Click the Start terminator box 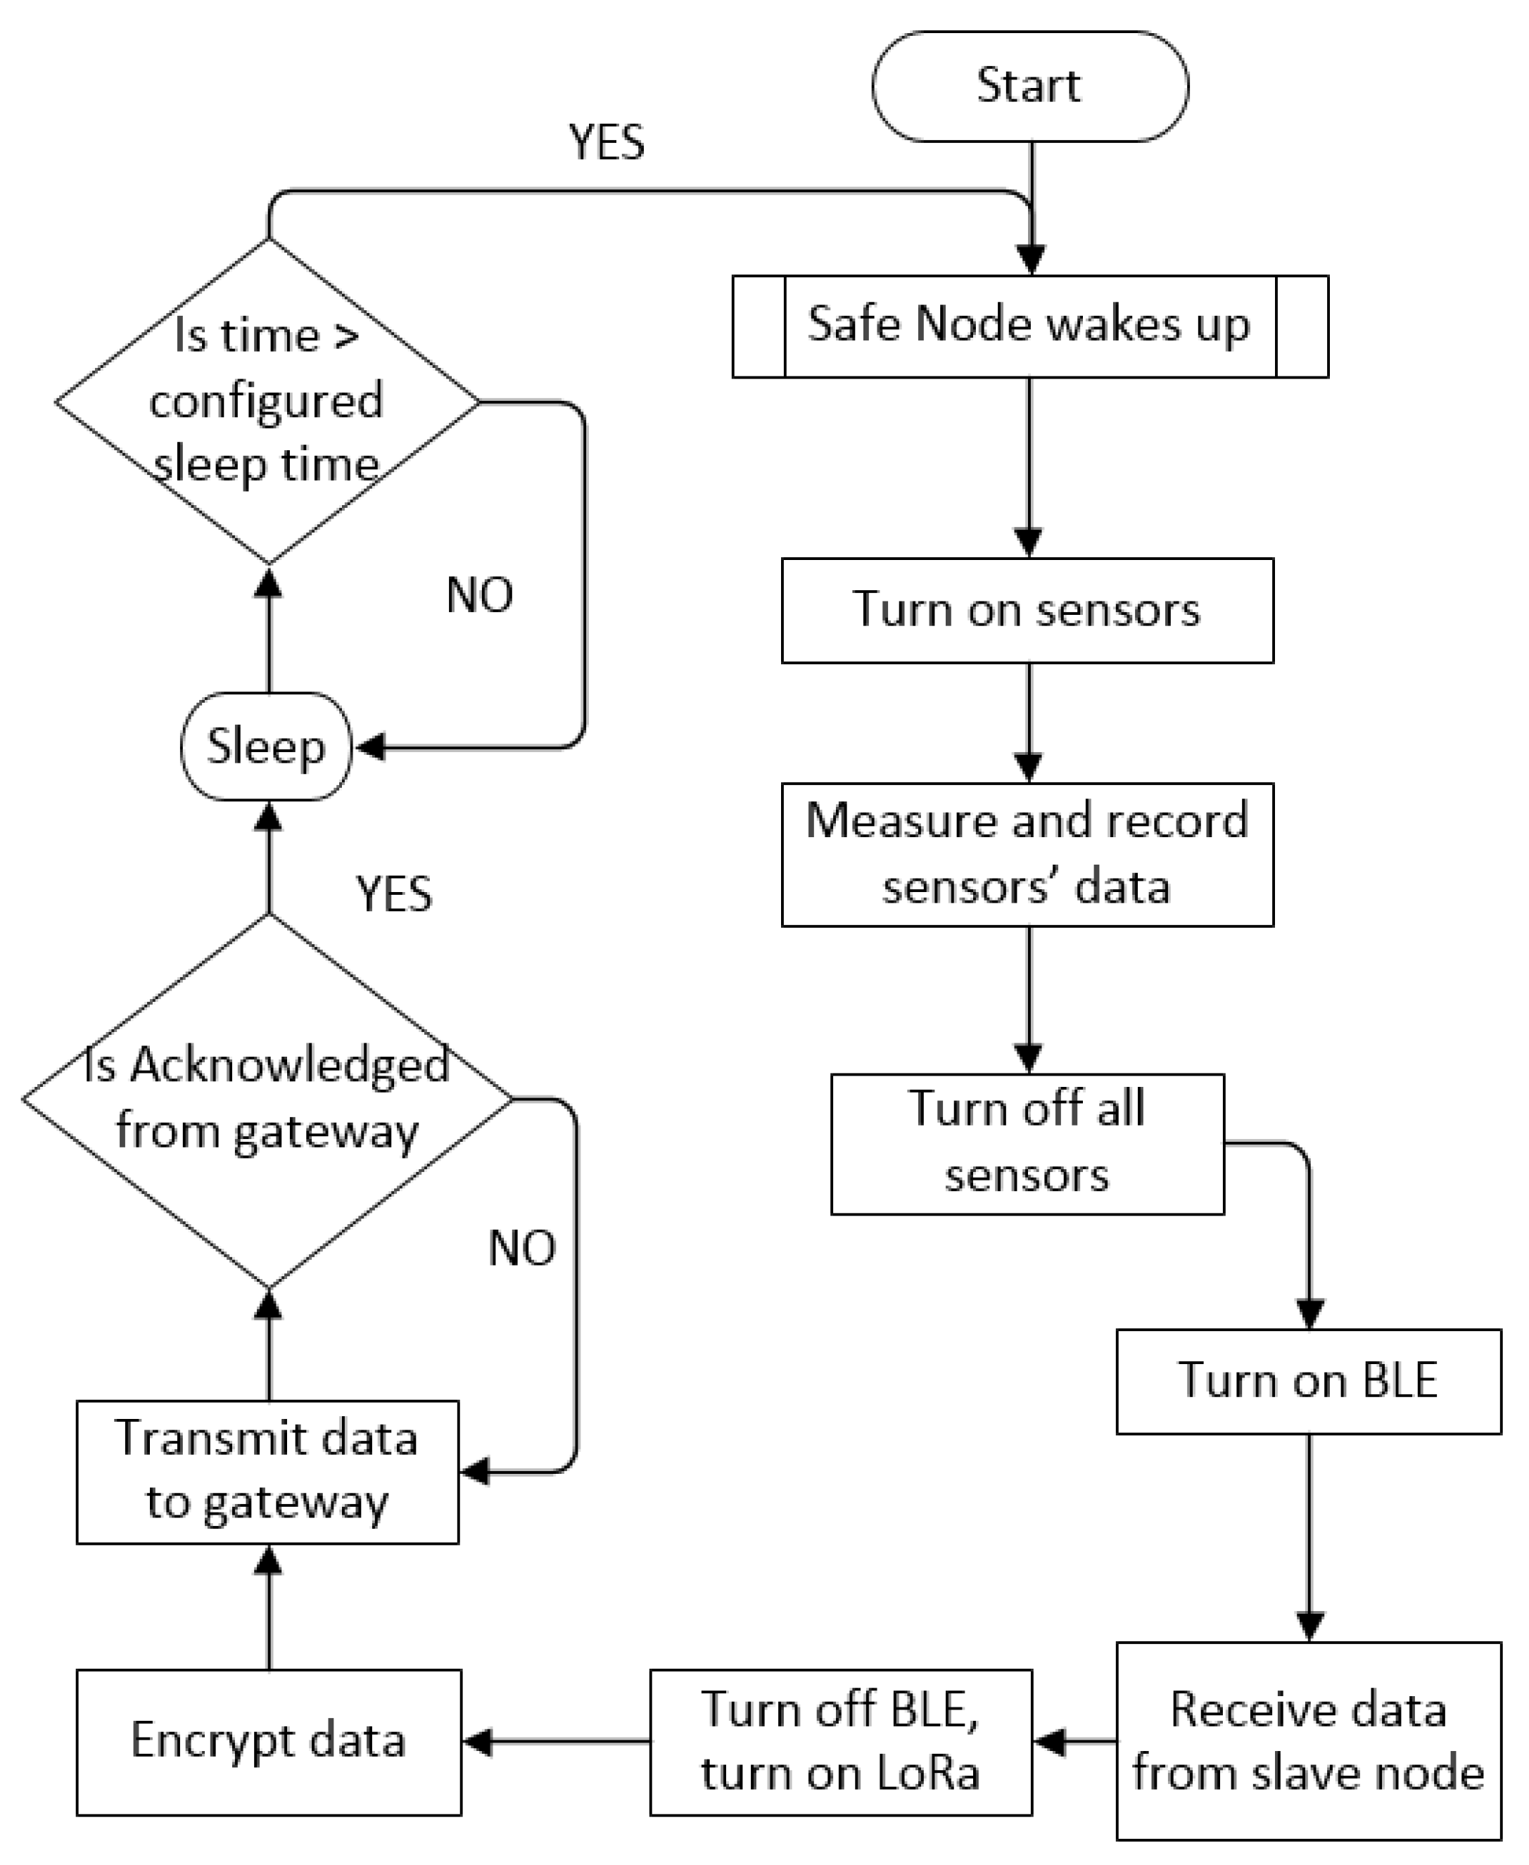pos(1029,87)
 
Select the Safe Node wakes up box pos(1029,326)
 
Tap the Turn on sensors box pos(1027,610)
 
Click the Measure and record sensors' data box pos(1027,854)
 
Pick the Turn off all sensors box pos(1027,1144)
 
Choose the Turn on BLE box pos(1308,1382)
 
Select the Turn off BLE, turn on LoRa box pos(840,1742)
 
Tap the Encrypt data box pos(269,1742)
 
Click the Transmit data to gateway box pos(267,1472)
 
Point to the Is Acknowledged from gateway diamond pos(267,1099)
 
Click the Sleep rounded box pos(266,746)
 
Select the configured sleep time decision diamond pos(267,402)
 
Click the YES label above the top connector pos(606,143)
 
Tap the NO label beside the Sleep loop pos(479,595)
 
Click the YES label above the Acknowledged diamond pos(394,895)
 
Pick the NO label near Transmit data pos(521,1249)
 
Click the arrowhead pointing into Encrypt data pos(476,1742)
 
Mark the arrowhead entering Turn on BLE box pos(1309,1315)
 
